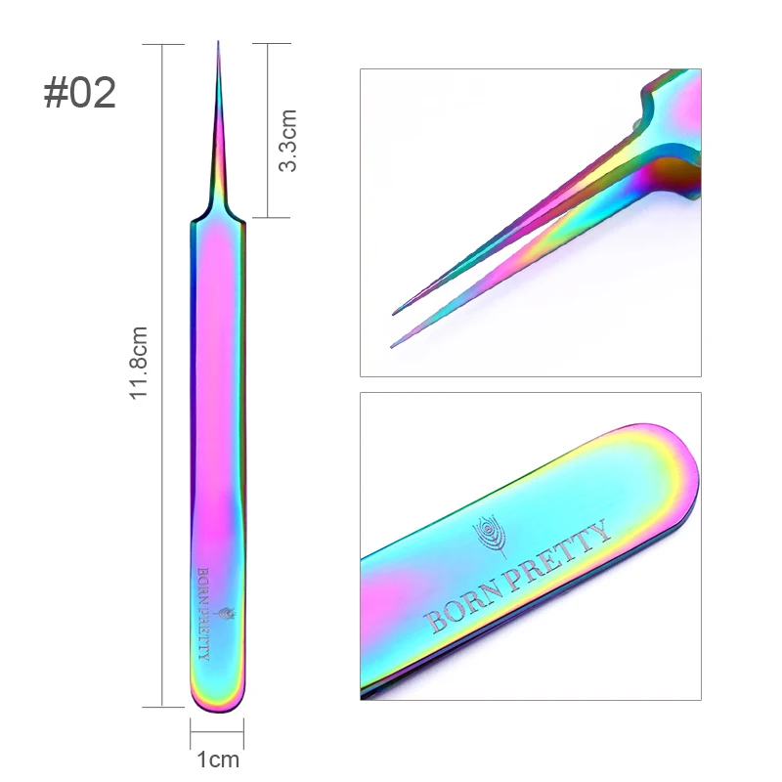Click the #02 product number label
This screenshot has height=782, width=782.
point(80,93)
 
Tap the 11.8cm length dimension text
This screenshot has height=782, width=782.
point(139,363)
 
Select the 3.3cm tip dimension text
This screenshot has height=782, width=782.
point(287,141)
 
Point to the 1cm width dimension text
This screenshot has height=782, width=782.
point(218,760)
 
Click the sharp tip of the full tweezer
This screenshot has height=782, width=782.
point(218,42)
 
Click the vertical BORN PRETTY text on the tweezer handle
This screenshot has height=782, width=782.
point(203,614)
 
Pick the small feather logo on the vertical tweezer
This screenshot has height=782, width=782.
point(226,614)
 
